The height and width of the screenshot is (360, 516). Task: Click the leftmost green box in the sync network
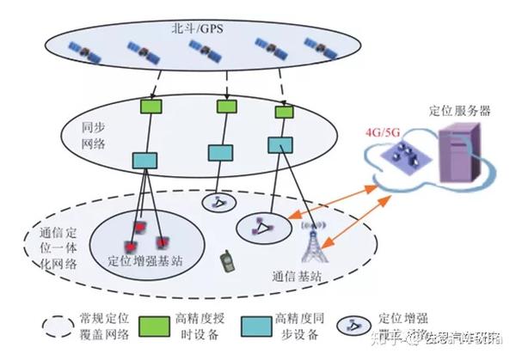pos(152,107)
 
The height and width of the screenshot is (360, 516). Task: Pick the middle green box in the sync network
pos(226,107)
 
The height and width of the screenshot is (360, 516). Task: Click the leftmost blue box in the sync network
pos(143,161)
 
